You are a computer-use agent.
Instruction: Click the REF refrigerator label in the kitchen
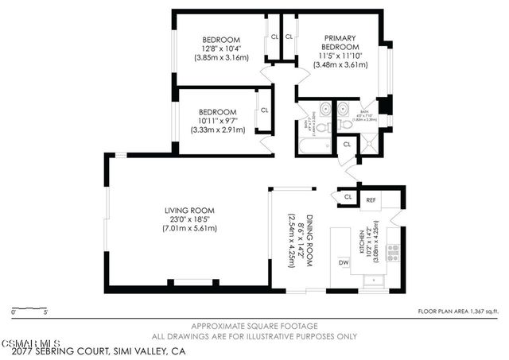click(x=371, y=201)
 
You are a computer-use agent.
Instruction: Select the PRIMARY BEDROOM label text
click(x=340, y=41)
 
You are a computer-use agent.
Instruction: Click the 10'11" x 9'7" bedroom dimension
click(x=217, y=121)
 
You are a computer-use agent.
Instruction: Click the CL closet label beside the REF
click(x=348, y=196)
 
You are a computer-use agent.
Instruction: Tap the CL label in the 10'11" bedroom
click(x=263, y=110)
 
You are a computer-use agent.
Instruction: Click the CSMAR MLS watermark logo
click(x=25, y=341)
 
